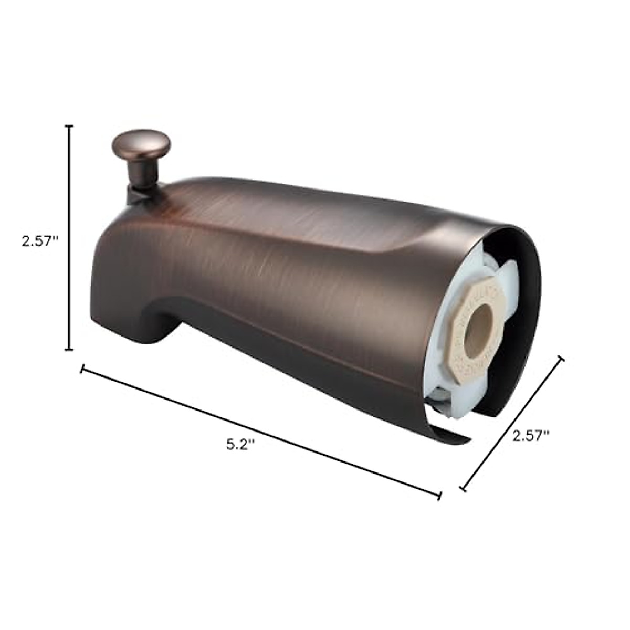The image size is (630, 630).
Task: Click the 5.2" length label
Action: (240, 444)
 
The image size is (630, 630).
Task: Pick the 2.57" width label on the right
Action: (530, 435)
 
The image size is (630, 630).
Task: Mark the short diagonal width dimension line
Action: (512, 424)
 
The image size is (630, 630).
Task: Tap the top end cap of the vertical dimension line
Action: (69, 127)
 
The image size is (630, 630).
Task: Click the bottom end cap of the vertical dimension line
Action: (69, 349)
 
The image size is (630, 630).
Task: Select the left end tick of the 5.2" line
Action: (82, 369)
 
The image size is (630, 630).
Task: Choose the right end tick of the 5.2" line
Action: (439, 495)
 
